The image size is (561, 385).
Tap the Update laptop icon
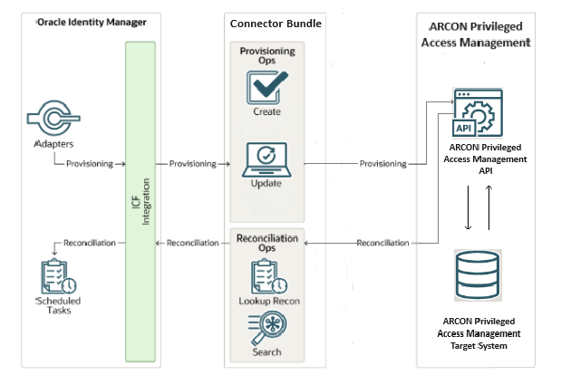[266, 159]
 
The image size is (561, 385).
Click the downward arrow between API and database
[467, 208]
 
